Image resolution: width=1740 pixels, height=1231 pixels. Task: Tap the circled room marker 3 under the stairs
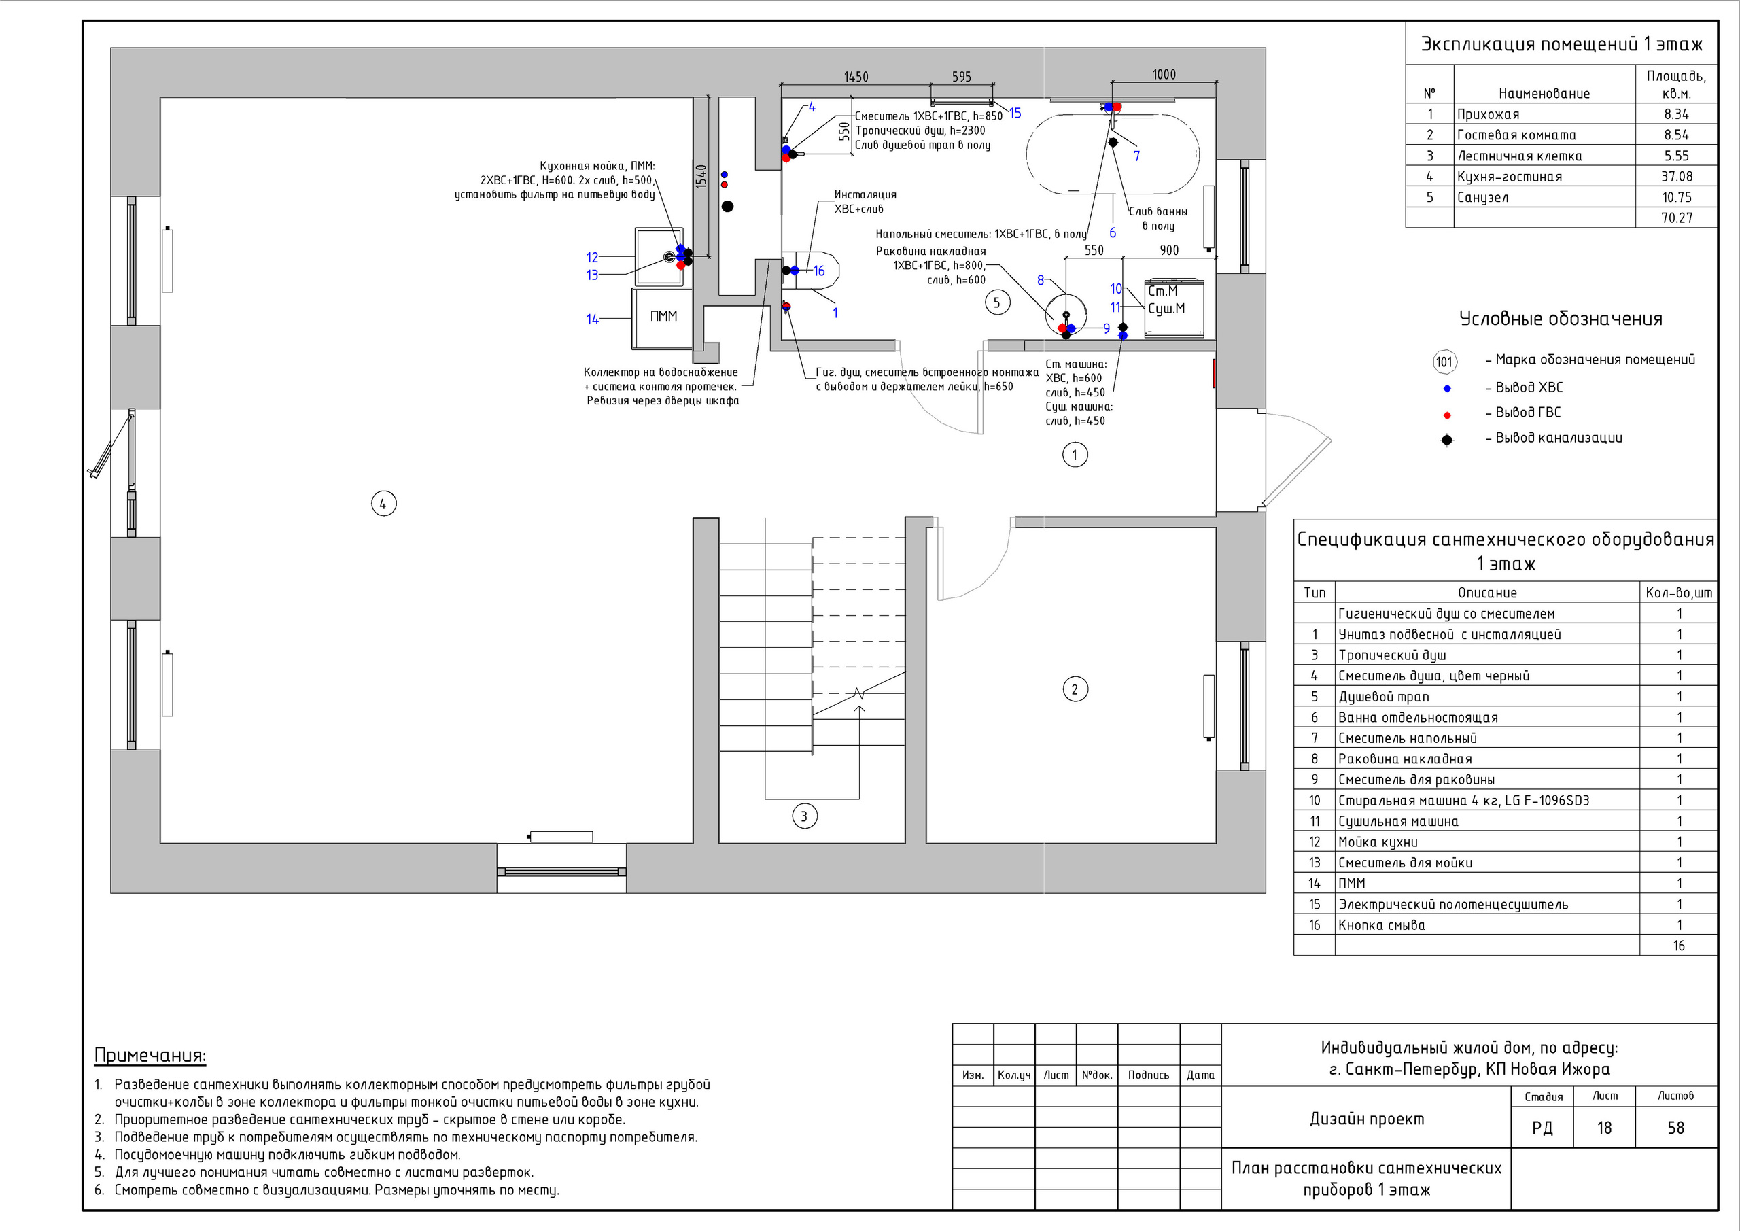pos(804,816)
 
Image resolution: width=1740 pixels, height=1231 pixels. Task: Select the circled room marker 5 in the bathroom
pos(996,303)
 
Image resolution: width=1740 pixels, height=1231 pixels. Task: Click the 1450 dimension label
pos(856,77)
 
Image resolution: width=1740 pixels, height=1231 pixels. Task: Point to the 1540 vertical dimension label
pos(701,177)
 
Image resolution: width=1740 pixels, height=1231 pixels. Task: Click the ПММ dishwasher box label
pos(663,316)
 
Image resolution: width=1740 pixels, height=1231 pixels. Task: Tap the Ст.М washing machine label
pos(1162,291)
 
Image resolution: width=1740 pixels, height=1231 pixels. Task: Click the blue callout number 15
pos(1015,113)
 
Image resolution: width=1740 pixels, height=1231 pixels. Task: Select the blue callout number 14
pos(592,319)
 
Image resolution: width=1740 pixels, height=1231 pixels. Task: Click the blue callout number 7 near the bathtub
pos(1136,156)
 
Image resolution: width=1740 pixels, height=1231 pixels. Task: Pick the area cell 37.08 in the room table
pos(1676,177)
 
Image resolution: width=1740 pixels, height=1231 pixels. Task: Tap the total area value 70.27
pos(1676,218)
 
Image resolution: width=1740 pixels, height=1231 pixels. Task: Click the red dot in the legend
pos(1447,415)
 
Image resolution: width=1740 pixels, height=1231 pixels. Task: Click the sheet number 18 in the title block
pos(1604,1128)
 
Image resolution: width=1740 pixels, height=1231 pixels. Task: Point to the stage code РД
pos(1542,1128)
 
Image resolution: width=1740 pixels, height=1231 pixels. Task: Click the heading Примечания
pos(150,1055)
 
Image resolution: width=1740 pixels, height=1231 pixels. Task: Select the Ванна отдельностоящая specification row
pos(1505,717)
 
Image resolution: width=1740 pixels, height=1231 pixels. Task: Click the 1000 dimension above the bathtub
pos(1164,74)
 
